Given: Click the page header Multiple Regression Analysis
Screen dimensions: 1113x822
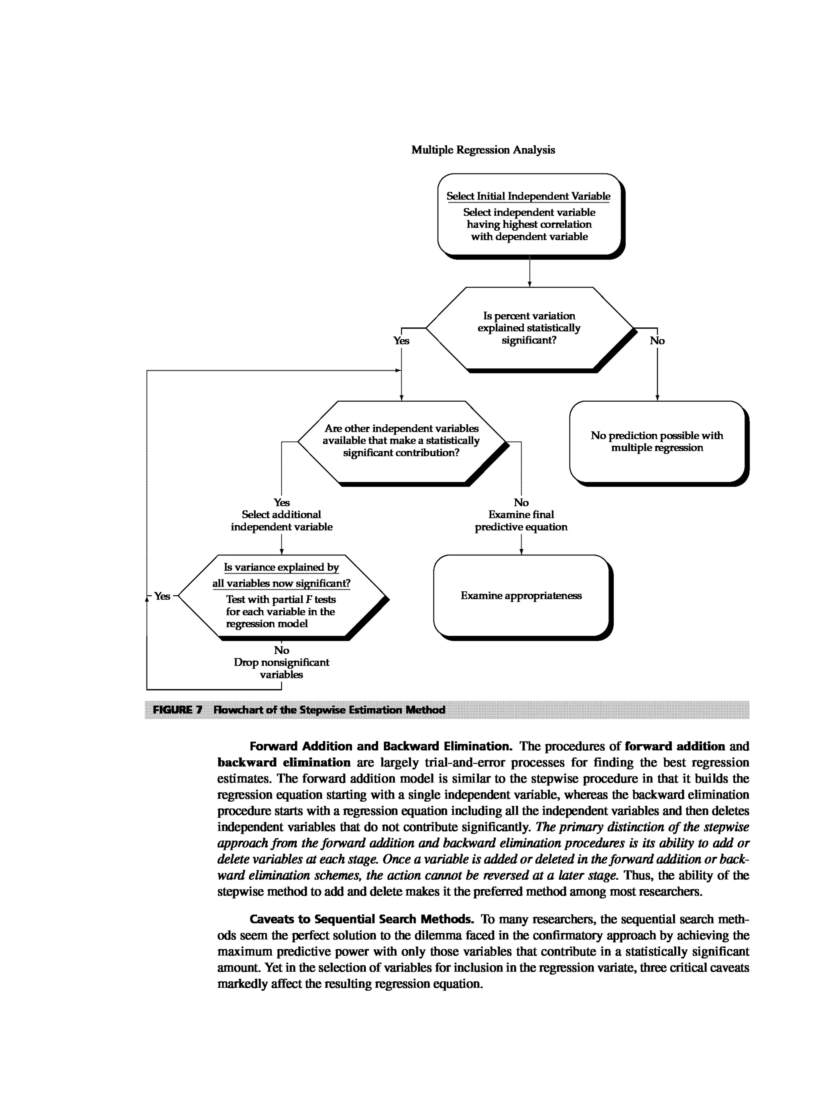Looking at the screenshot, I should click(483, 150).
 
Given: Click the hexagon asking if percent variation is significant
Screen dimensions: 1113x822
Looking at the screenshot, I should click(529, 328).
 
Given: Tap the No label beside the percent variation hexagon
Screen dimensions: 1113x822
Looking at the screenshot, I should click(657, 341).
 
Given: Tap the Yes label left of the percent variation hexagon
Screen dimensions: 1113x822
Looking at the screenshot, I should click(401, 341).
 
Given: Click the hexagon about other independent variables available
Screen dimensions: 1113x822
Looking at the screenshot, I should click(401, 441).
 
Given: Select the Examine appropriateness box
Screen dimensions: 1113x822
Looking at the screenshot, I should click(521, 596).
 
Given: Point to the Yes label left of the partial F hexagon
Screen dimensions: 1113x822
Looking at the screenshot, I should click(162, 596).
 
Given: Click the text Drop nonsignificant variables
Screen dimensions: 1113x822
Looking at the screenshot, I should click(281, 668).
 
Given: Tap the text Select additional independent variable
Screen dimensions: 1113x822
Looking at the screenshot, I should click(281, 521).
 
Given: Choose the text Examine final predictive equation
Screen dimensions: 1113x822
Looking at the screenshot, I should click(521, 521).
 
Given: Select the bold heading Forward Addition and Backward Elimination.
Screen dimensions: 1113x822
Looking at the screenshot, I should click(380, 746).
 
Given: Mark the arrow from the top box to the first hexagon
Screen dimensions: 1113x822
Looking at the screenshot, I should click(529, 272).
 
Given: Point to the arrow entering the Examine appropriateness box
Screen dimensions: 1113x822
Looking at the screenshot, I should click(521, 545).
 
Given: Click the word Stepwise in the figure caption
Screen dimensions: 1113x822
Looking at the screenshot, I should click(322, 710).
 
